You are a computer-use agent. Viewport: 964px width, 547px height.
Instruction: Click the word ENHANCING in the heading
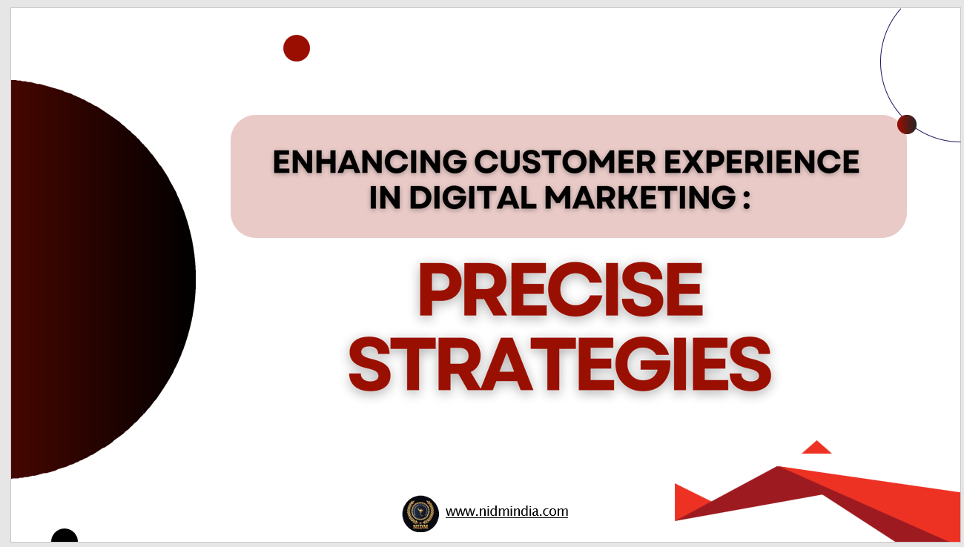click(370, 162)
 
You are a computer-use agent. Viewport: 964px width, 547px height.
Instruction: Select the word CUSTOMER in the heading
click(565, 162)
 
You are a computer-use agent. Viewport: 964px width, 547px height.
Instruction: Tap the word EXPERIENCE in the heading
click(762, 162)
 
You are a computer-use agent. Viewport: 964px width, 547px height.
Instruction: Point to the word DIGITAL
click(473, 197)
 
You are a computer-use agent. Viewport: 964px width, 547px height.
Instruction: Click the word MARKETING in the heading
click(641, 197)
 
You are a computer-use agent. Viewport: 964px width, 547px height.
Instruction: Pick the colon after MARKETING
click(747, 199)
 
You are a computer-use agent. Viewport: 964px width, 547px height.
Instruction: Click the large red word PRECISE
click(561, 289)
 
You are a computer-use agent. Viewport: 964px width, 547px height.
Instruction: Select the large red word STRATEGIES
click(560, 364)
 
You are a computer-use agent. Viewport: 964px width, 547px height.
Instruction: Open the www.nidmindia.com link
click(506, 511)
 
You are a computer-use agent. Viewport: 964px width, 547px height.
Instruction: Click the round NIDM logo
click(420, 514)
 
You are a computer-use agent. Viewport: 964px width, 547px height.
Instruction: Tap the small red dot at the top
click(297, 48)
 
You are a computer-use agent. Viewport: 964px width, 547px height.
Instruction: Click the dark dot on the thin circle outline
click(907, 125)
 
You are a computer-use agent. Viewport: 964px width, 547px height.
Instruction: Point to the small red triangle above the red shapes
click(816, 448)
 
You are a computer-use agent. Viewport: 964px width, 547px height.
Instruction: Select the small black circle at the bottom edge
click(65, 536)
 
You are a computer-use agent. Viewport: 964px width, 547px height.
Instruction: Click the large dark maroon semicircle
click(99, 279)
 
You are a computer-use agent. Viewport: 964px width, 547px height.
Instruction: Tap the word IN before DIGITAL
click(385, 197)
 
